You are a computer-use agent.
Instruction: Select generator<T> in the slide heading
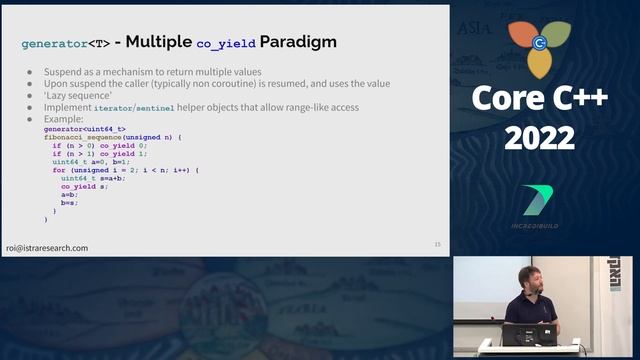pyautogui.click(x=65, y=44)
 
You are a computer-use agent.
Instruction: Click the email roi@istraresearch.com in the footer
pyautogui.click(x=47, y=247)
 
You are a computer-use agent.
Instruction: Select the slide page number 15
pyautogui.click(x=436, y=244)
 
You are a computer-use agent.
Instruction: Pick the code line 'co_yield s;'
pyautogui.click(x=85, y=187)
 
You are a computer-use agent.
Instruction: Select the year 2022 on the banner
pyautogui.click(x=539, y=139)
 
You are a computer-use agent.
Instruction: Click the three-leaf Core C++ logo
pyautogui.click(x=539, y=45)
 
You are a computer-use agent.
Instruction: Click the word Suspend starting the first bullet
pyautogui.click(x=64, y=73)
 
